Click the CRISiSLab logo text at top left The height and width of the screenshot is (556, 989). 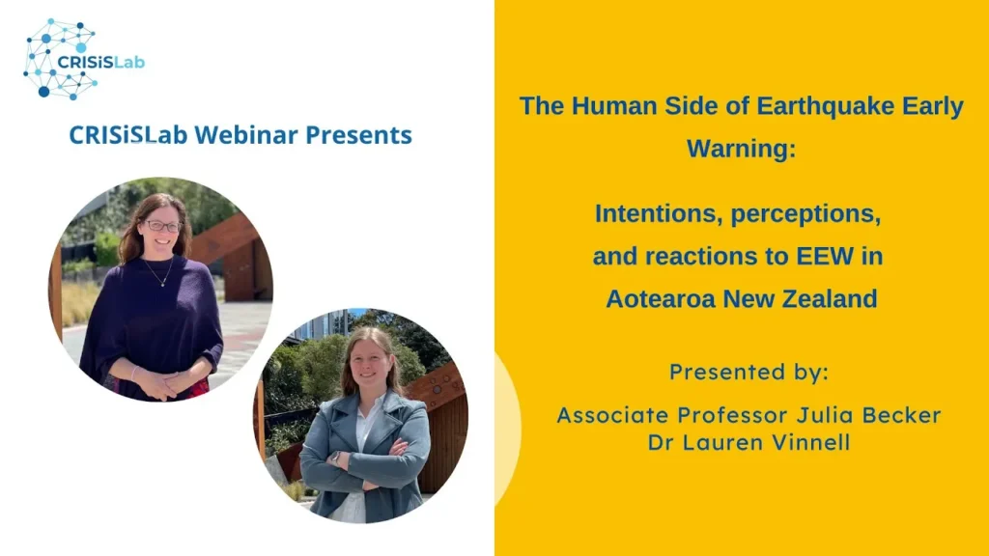(x=100, y=62)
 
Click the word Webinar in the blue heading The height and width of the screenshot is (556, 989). (x=245, y=135)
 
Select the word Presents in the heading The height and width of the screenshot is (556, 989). (x=359, y=135)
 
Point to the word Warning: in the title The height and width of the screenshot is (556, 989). (x=741, y=149)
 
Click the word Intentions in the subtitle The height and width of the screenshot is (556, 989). (x=659, y=213)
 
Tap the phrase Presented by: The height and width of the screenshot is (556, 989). (x=749, y=372)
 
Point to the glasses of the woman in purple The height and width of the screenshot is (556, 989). (x=162, y=226)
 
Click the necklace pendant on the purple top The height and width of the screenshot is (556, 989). (x=162, y=283)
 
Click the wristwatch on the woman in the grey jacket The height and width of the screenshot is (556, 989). (x=336, y=457)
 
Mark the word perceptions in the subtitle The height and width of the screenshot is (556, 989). (x=806, y=214)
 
